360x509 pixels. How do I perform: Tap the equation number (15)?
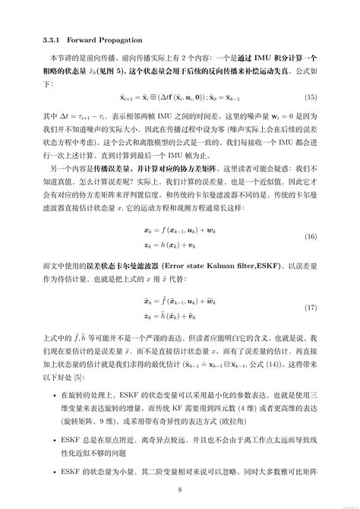[311, 99]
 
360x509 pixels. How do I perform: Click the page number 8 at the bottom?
[179, 488]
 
